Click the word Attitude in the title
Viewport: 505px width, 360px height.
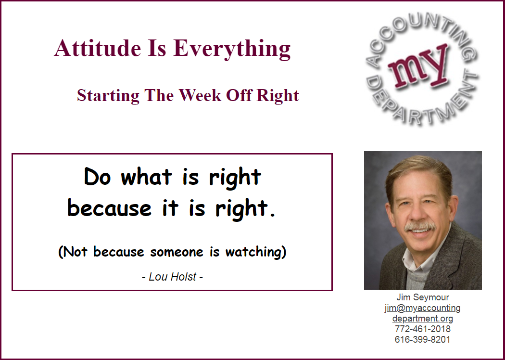pos(98,48)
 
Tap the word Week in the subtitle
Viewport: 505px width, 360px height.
pos(200,95)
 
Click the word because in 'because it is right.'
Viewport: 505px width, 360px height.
pos(110,208)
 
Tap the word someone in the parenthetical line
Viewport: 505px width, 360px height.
pos(177,252)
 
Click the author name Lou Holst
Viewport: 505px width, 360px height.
pos(173,277)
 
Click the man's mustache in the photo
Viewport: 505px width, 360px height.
pos(420,226)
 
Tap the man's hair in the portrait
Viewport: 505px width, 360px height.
pos(419,171)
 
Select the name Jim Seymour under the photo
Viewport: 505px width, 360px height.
pos(423,297)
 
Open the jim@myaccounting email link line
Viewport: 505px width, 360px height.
pos(423,308)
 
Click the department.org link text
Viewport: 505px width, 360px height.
pos(423,319)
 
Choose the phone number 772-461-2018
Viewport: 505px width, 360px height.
pos(423,329)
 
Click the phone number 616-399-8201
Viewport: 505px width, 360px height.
pos(423,339)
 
